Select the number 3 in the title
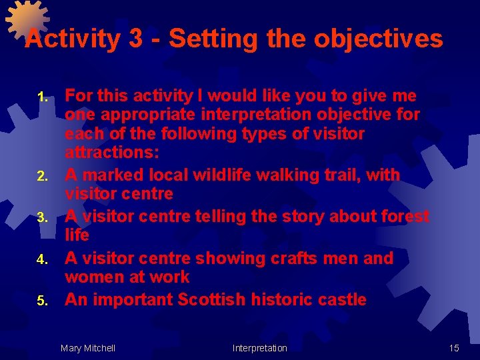coord(136,39)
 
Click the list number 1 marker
coord(42,97)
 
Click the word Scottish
coord(217,299)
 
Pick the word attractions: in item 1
coord(111,153)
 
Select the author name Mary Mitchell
coord(87,348)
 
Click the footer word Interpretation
coord(259,348)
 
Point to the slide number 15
coord(454,348)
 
